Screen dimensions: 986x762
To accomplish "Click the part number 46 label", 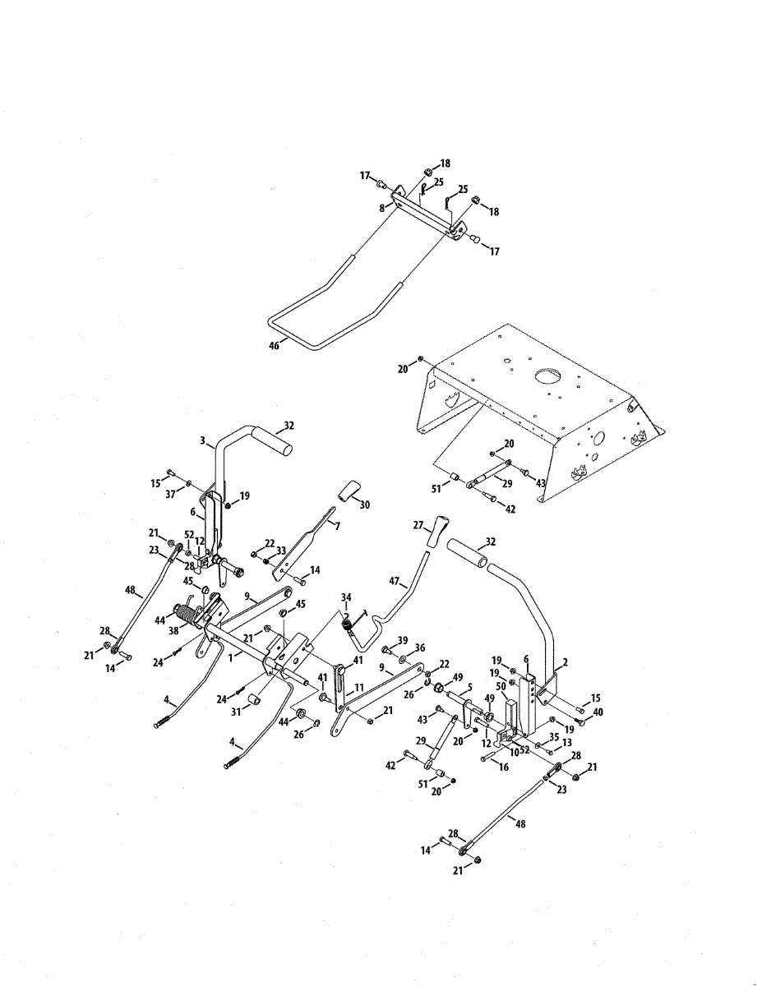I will [x=274, y=346].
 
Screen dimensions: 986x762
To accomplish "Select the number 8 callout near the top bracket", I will [x=381, y=209].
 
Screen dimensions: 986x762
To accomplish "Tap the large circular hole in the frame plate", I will [x=548, y=376].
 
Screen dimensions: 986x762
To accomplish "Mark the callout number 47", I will [x=395, y=583].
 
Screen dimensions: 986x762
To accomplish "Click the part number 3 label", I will [x=202, y=441].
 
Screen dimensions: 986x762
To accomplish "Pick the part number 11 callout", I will [x=358, y=686].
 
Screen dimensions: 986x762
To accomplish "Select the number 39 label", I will [x=402, y=640].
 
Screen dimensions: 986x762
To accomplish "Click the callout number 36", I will [x=420, y=647].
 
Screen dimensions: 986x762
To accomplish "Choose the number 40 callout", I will [x=598, y=712].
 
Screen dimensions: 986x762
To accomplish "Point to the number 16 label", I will [x=503, y=766].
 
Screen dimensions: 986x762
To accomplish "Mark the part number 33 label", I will [x=280, y=551].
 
